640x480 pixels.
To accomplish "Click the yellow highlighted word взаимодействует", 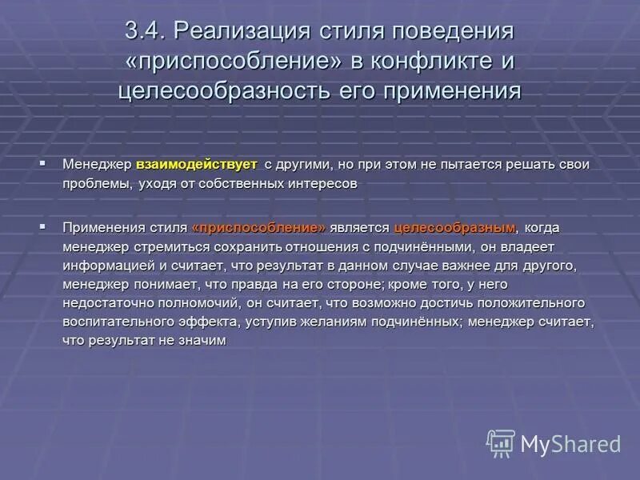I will (x=197, y=164).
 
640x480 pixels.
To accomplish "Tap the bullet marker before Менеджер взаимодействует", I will (x=42, y=163).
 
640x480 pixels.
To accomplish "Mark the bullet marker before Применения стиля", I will (x=42, y=227).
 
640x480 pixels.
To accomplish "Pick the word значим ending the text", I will (x=204, y=340).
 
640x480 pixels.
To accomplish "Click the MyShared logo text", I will (x=570, y=444).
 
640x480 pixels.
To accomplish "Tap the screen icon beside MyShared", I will (x=501, y=442).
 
